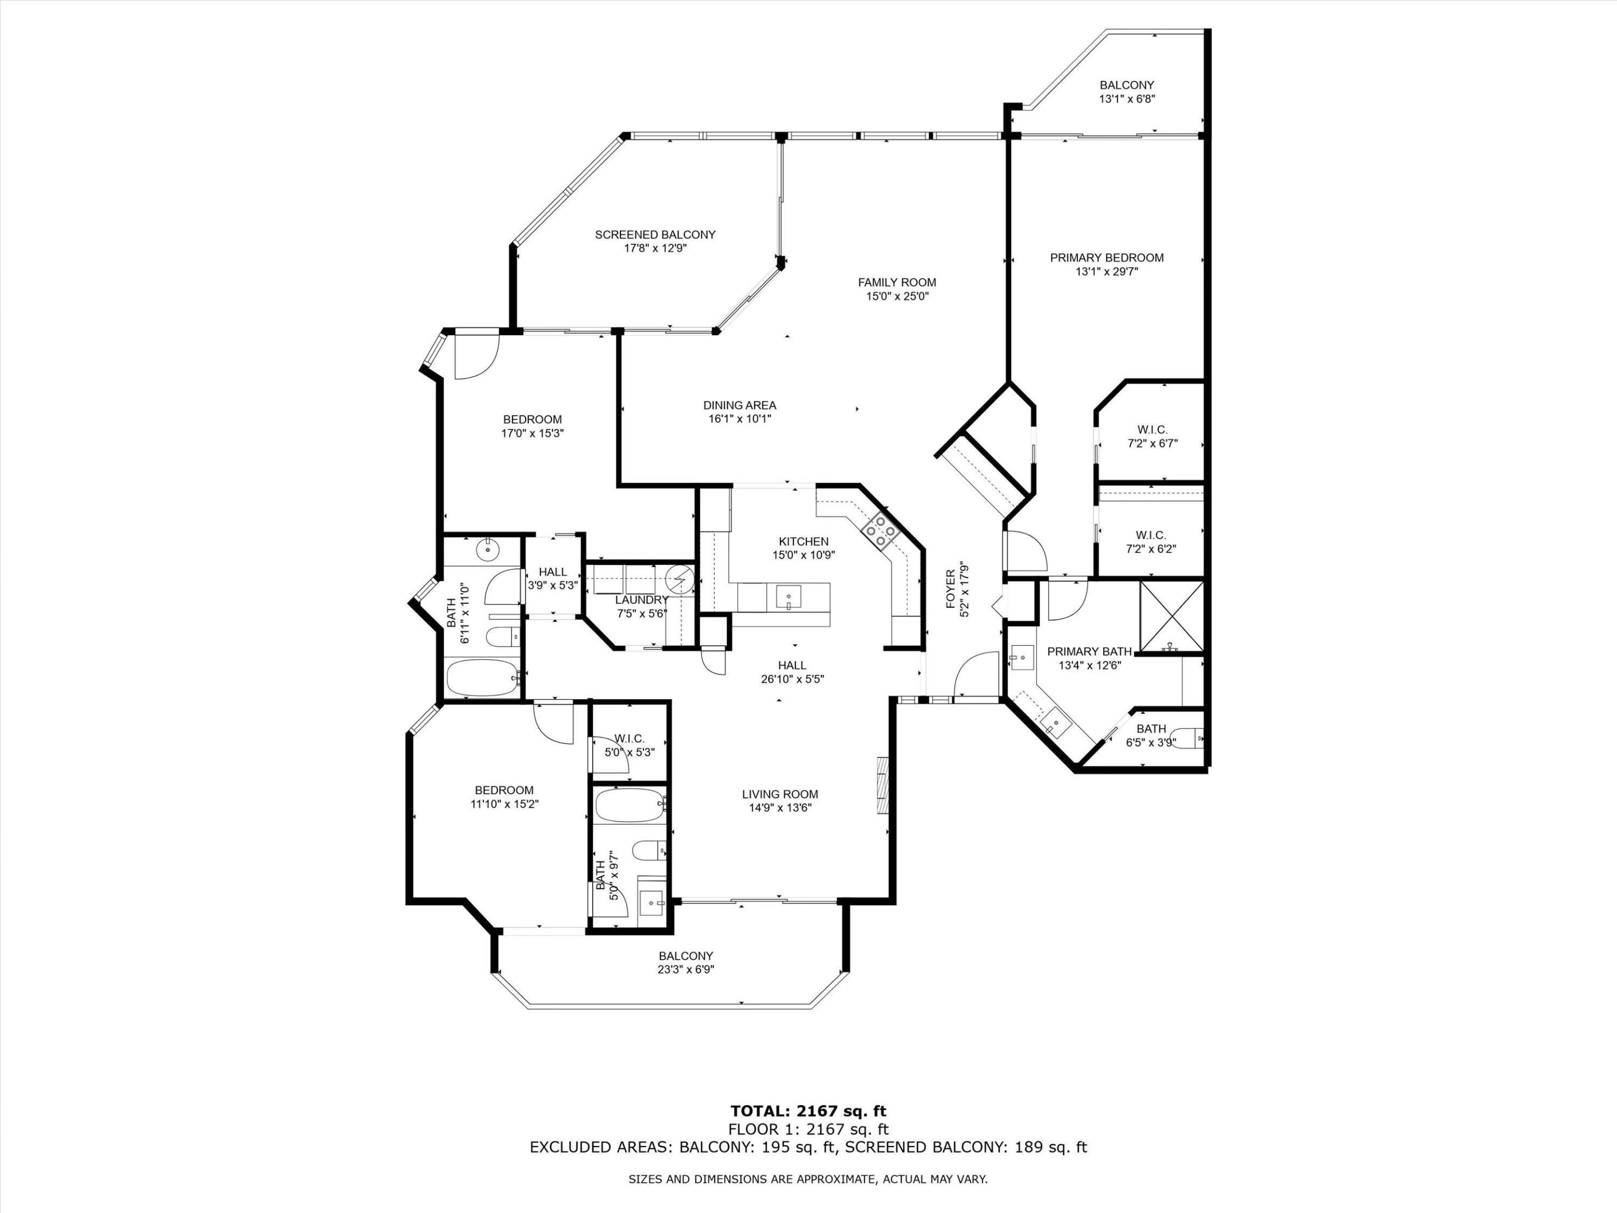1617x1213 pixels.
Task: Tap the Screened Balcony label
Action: [x=655, y=235]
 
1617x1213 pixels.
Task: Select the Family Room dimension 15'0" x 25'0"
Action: [x=897, y=296]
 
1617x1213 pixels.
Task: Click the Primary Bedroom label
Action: [x=1107, y=257]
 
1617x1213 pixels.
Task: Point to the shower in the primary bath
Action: [x=1172, y=615]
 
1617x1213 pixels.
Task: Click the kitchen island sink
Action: [x=789, y=596]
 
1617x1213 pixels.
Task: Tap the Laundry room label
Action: [x=642, y=600]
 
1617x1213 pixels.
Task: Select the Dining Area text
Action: [x=740, y=405]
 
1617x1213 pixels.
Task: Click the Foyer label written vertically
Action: [x=951, y=589]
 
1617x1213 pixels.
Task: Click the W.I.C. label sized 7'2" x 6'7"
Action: [x=1152, y=430]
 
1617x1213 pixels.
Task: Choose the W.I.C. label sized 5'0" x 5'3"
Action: [x=629, y=738]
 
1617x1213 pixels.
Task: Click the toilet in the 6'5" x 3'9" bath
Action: [x=1190, y=738]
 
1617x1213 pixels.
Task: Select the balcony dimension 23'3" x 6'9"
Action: [x=685, y=969]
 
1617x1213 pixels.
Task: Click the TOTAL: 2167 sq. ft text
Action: [x=808, y=1112]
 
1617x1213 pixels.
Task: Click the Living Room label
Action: [x=780, y=794]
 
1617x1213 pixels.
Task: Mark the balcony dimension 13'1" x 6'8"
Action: [x=1126, y=99]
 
